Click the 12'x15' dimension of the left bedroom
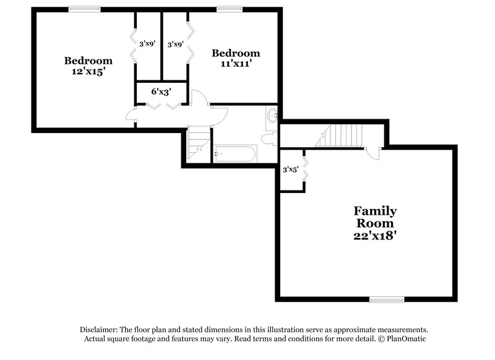[x=88, y=71]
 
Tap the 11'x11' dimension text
[x=235, y=63]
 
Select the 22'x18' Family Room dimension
[x=374, y=235]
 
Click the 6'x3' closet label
[x=161, y=92]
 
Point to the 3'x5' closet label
[x=290, y=169]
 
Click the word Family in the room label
[x=375, y=211]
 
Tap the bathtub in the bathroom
[x=235, y=154]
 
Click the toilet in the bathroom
[x=269, y=139]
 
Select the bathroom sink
[x=272, y=114]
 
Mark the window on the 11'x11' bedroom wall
[x=228, y=9]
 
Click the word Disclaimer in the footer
[x=100, y=330]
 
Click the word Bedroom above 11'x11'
[x=236, y=53]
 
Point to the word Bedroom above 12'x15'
[x=88, y=61]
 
